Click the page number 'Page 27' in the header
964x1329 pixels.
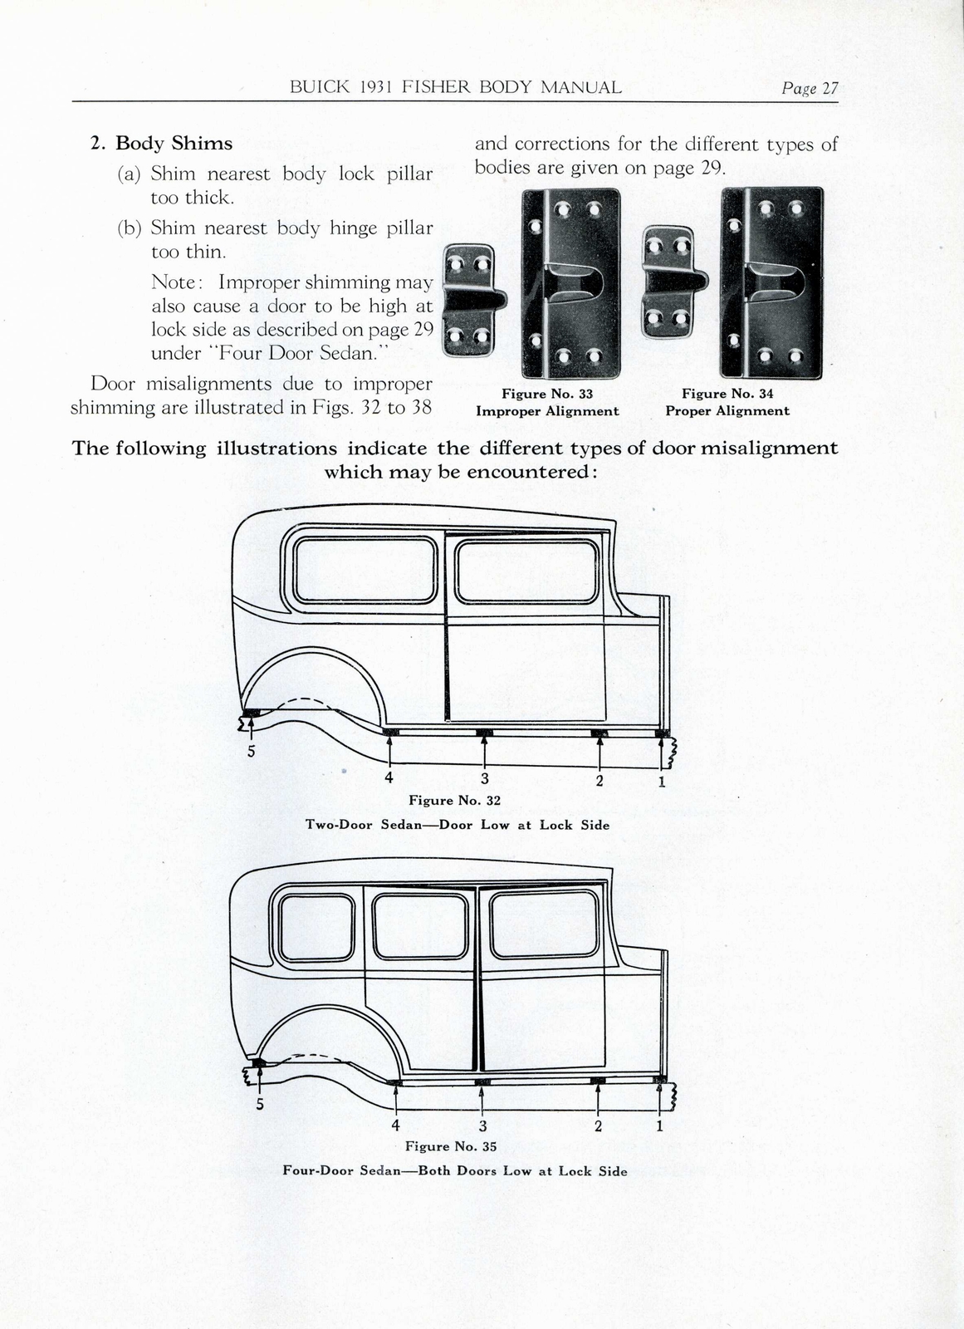tap(809, 88)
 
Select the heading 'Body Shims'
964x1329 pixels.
tap(174, 143)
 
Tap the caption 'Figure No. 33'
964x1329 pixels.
tap(546, 394)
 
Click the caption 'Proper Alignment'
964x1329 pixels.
tap(727, 411)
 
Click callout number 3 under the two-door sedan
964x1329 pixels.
tap(484, 779)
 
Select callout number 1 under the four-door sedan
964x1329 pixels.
tap(660, 1126)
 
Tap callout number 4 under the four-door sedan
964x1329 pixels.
tap(395, 1125)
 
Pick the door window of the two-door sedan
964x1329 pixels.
tap(527, 571)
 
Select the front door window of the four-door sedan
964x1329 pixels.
tap(544, 923)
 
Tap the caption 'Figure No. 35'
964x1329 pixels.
tap(451, 1146)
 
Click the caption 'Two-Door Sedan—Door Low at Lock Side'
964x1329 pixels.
tap(458, 825)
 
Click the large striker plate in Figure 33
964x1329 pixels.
tap(571, 282)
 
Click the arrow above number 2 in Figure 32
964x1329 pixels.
tap(599, 752)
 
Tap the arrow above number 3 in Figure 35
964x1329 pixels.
tap(482, 1098)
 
